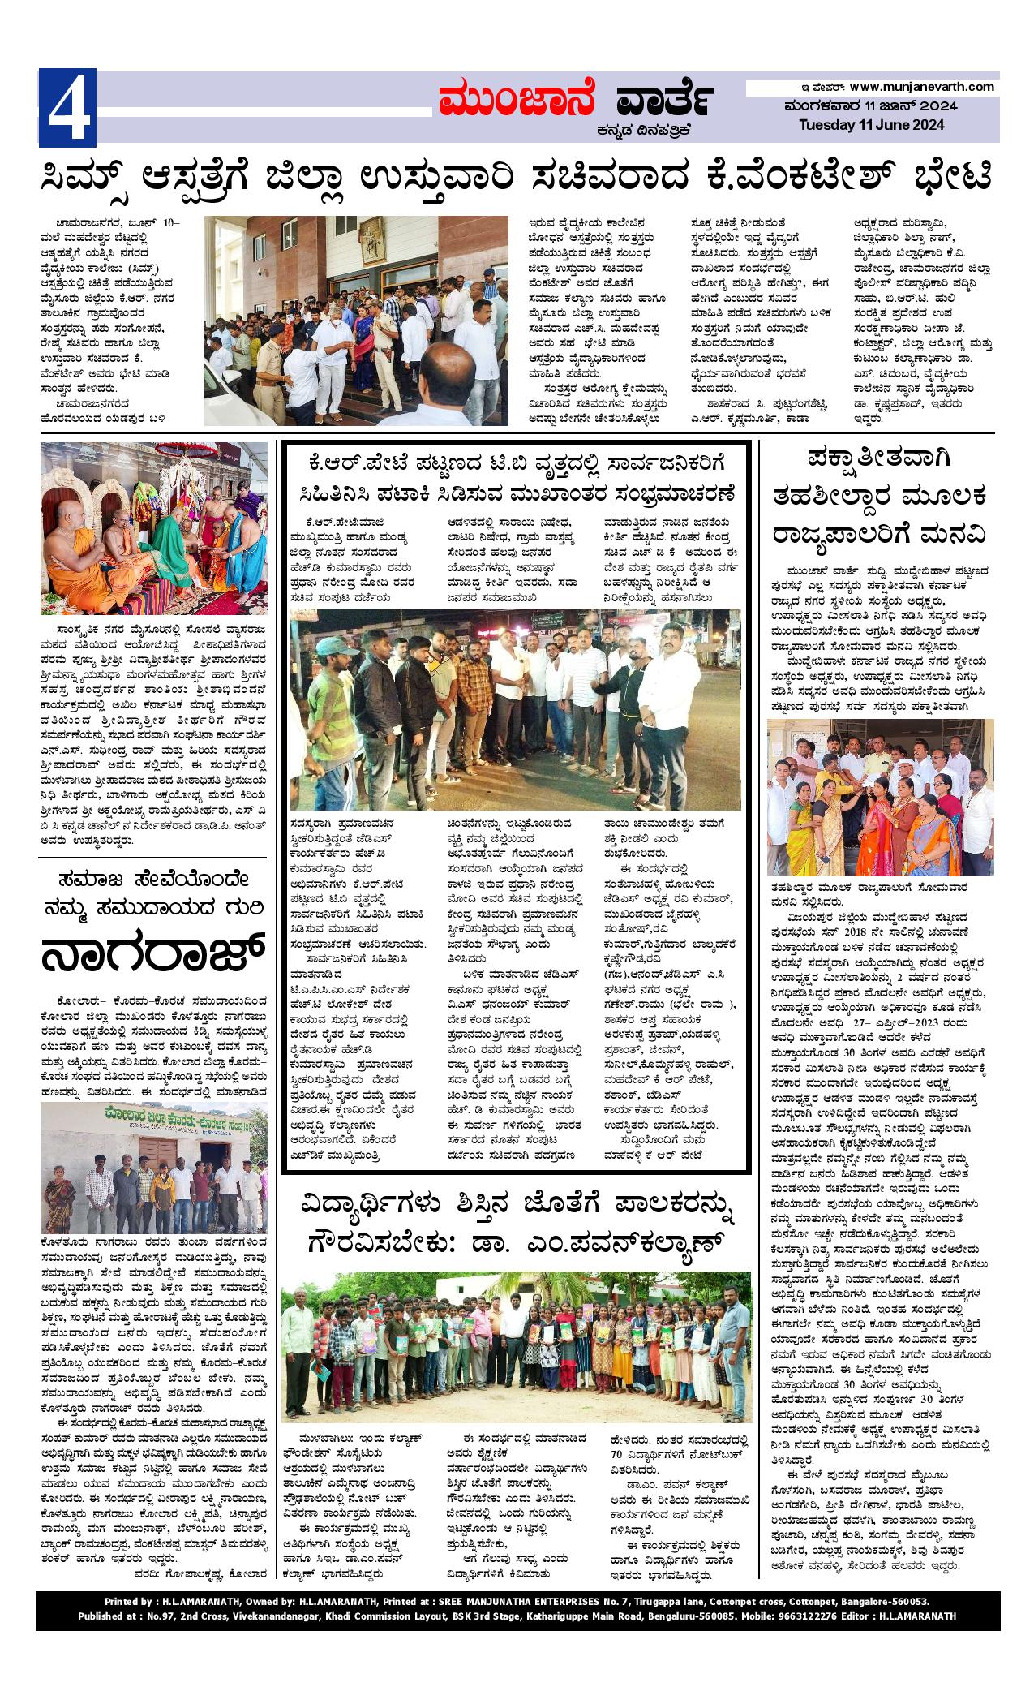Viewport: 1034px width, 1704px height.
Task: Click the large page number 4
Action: tap(67, 107)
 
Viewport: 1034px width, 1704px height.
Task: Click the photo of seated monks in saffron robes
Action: tap(153, 527)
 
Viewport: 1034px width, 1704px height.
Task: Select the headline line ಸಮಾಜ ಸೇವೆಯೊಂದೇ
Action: tap(153, 880)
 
